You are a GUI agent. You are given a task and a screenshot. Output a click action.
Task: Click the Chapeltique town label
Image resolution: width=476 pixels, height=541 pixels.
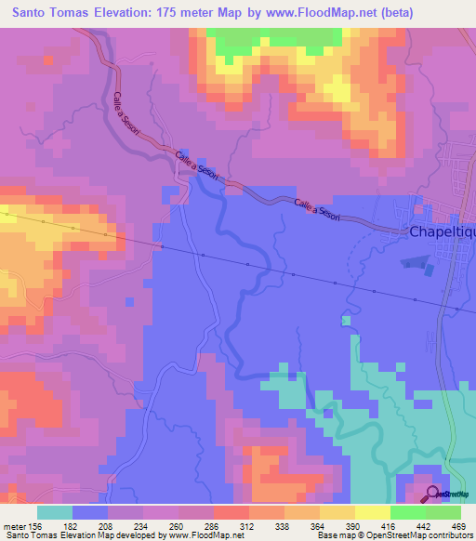[x=443, y=234]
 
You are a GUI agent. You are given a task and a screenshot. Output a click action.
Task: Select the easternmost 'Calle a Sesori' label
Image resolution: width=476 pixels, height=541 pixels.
[x=317, y=210]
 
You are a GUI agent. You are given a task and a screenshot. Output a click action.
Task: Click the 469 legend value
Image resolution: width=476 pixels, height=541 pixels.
[x=459, y=527]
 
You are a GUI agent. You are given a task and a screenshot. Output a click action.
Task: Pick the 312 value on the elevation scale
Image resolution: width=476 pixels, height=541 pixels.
[x=247, y=527]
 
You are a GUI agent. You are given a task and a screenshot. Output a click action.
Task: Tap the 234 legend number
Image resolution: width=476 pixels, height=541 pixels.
[x=141, y=527]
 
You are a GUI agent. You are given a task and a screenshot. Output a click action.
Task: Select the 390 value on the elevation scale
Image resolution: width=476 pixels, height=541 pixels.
[x=353, y=527]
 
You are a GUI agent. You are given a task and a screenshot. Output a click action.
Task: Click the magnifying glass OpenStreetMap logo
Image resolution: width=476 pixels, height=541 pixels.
[x=433, y=495]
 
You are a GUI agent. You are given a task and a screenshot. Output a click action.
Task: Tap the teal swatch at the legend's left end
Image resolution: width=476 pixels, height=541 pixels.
[x=55, y=512]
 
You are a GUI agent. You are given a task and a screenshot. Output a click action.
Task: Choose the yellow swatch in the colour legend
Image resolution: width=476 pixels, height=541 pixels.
[x=372, y=512]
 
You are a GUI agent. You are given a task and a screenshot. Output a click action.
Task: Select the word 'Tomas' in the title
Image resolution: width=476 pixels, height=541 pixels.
[x=86, y=13]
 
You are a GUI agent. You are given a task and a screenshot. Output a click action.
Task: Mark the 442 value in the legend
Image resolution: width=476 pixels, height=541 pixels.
[x=424, y=527]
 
